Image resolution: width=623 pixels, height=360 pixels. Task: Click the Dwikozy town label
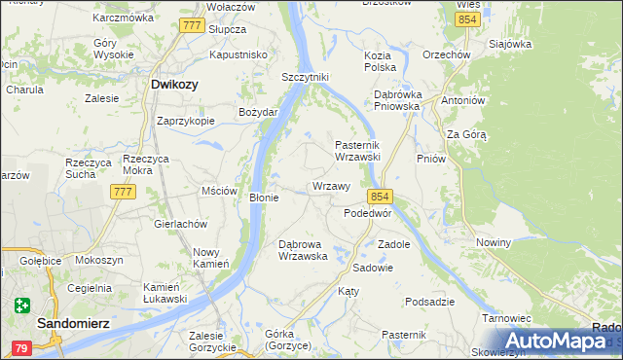(x=174, y=85)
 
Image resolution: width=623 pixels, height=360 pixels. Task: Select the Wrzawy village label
(x=330, y=185)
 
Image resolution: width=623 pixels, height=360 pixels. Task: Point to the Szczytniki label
(x=306, y=77)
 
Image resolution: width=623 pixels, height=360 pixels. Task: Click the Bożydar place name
(x=259, y=112)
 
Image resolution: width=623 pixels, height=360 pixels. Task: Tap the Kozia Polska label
(x=379, y=62)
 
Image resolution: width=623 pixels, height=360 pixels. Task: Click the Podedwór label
(x=368, y=212)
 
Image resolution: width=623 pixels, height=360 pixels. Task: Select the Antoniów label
(x=462, y=100)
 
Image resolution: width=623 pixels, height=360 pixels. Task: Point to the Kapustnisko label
(x=238, y=55)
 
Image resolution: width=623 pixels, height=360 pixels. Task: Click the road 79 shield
(x=21, y=347)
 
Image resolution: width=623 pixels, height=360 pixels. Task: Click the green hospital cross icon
(x=22, y=306)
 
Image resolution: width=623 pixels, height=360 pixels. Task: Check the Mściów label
(x=218, y=191)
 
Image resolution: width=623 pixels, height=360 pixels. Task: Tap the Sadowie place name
(x=373, y=268)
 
